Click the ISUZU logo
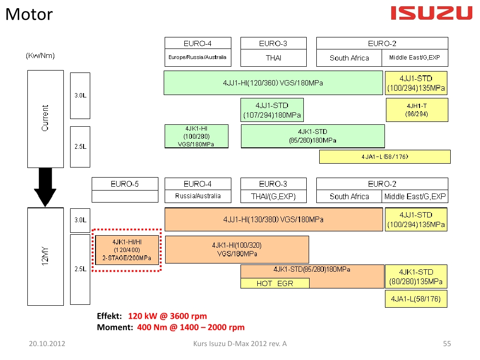pos(432,13)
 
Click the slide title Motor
pos(29,14)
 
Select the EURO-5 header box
pos(125,184)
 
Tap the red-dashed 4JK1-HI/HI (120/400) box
pos(126,250)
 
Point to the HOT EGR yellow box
pos(275,283)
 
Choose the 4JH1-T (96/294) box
pos(417,110)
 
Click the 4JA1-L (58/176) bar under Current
pos(384,156)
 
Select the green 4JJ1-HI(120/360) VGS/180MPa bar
pos(273,83)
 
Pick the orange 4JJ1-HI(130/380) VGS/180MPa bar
pos(274,219)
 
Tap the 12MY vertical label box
pos(46,256)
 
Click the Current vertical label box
pos(46,119)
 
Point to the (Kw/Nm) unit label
pos(40,56)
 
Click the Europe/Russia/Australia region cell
pos(197,58)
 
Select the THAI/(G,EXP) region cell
pos(273,196)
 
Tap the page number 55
pos(447,344)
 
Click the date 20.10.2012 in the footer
pos(47,344)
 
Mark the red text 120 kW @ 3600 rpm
pos(168,316)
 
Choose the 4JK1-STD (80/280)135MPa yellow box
pos(416,276)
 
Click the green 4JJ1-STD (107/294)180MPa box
pos(272,110)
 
